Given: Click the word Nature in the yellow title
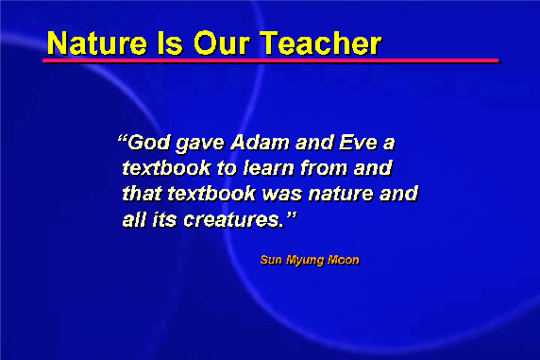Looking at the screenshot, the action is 97,43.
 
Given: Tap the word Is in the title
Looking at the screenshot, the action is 170,43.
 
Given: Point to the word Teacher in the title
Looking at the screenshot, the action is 320,43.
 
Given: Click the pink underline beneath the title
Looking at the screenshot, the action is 271,60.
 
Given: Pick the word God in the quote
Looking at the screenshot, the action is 149,143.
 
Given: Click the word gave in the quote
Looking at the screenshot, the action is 200,145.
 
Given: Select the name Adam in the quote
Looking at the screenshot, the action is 260,143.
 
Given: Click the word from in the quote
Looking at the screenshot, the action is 324,168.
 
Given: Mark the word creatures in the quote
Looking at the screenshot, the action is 234,220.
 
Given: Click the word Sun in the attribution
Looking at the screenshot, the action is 271,260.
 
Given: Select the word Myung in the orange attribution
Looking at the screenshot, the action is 305,261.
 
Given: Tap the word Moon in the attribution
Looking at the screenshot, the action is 344,260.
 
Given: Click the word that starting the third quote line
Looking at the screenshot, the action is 142,194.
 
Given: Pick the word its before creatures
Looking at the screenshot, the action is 164,220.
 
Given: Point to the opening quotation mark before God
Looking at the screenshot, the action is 122,139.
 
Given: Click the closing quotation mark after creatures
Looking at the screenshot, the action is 292,216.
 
